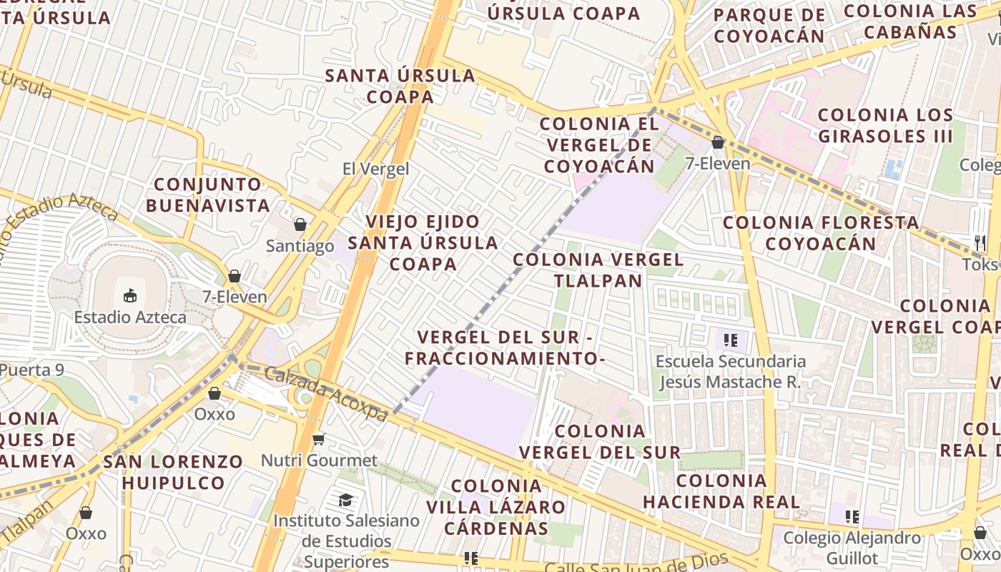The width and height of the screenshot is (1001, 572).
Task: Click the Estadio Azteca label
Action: (x=130, y=317)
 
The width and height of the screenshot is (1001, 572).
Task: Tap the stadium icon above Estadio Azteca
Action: (x=130, y=295)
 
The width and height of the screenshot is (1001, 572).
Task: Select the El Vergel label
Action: (x=375, y=169)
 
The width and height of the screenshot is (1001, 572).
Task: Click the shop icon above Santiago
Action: (x=300, y=225)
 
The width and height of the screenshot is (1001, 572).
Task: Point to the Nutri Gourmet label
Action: (x=319, y=460)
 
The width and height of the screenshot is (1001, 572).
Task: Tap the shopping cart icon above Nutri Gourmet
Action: (x=319, y=438)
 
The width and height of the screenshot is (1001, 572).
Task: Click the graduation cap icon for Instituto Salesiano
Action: (x=346, y=500)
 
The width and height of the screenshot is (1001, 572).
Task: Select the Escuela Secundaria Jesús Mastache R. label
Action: (x=730, y=371)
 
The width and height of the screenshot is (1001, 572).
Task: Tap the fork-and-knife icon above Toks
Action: (x=980, y=242)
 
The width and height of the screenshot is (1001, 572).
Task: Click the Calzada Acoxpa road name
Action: (x=325, y=393)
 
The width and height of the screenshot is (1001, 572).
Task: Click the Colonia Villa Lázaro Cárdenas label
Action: (x=497, y=507)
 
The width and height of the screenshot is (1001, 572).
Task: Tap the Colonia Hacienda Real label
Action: (x=721, y=490)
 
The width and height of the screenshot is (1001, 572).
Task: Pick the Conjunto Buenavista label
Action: (x=208, y=194)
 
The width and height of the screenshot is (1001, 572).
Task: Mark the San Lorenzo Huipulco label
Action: (x=173, y=471)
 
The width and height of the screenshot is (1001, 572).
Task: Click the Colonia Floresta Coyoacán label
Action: (x=821, y=232)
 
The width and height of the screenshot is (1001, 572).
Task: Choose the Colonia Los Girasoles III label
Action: (x=885, y=125)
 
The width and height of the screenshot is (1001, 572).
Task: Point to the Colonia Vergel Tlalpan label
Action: (x=598, y=270)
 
